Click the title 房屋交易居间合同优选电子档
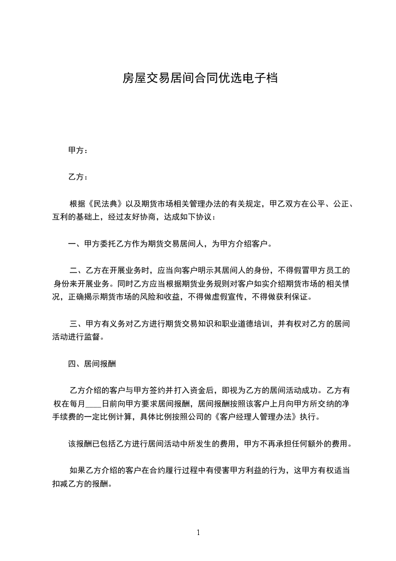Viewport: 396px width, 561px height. coord(200,78)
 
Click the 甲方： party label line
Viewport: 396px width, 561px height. coord(78,150)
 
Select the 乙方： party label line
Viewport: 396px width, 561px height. coord(78,177)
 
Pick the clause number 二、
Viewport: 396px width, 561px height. coord(78,271)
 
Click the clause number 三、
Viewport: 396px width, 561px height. coord(78,324)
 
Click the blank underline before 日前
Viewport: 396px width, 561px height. coord(93,403)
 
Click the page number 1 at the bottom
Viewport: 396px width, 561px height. coord(198,533)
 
